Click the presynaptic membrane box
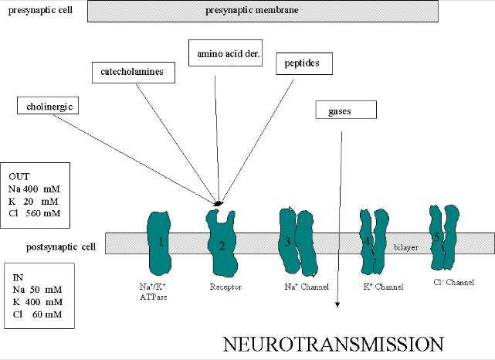pyautogui.click(x=263, y=11)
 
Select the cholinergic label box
pyautogui.click(x=49, y=107)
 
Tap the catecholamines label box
pyautogui.click(x=132, y=73)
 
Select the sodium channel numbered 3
pyautogui.click(x=297, y=242)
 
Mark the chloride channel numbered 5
pyautogui.click(x=441, y=238)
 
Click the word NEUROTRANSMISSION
pyautogui.click(x=334, y=344)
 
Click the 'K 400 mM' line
pyautogui.click(x=36, y=302)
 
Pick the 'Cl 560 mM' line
pyautogui.click(x=36, y=213)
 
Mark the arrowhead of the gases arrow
pyautogui.click(x=337, y=307)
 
